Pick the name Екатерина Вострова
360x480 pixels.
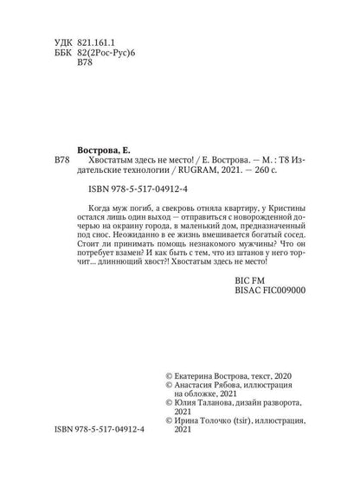(218, 378)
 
